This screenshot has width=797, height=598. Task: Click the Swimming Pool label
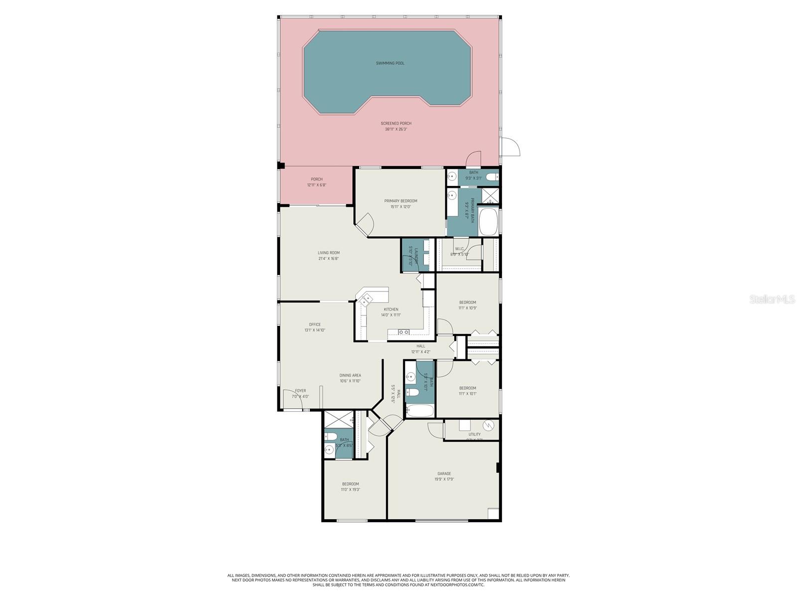click(390, 63)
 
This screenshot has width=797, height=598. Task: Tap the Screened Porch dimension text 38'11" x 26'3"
click(396, 130)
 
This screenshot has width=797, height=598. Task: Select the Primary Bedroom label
click(400, 201)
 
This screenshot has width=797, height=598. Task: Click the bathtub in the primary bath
click(488, 222)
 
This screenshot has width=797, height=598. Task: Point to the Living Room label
click(329, 253)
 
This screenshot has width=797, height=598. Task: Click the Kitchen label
click(391, 309)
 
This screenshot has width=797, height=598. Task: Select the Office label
click(315, 324)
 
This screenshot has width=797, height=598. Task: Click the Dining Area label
click(350, 375)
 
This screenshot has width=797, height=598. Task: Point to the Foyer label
click(300, 391)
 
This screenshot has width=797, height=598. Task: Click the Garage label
click(444, 474)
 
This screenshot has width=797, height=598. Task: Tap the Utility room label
click(474, 435)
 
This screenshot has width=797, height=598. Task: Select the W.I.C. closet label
click(459, 249)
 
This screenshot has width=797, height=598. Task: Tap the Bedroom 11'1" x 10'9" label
click(468, 302)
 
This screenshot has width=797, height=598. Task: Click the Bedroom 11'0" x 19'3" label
click(350, 484)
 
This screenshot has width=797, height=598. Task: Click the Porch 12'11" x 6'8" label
click(317, 179)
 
